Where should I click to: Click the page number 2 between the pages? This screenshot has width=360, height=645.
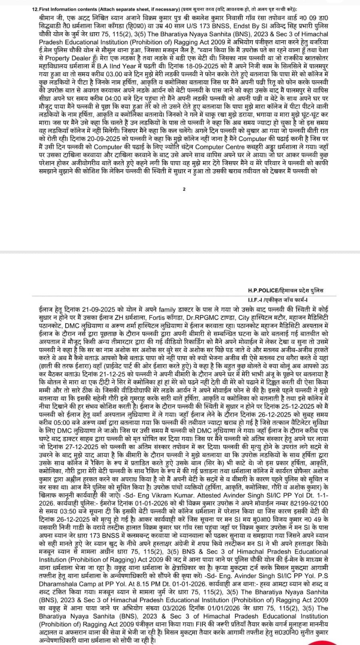pyautogui.click(x=184, y=189)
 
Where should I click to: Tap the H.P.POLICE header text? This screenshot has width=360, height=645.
pyautogui.click(x=266, y=290)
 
